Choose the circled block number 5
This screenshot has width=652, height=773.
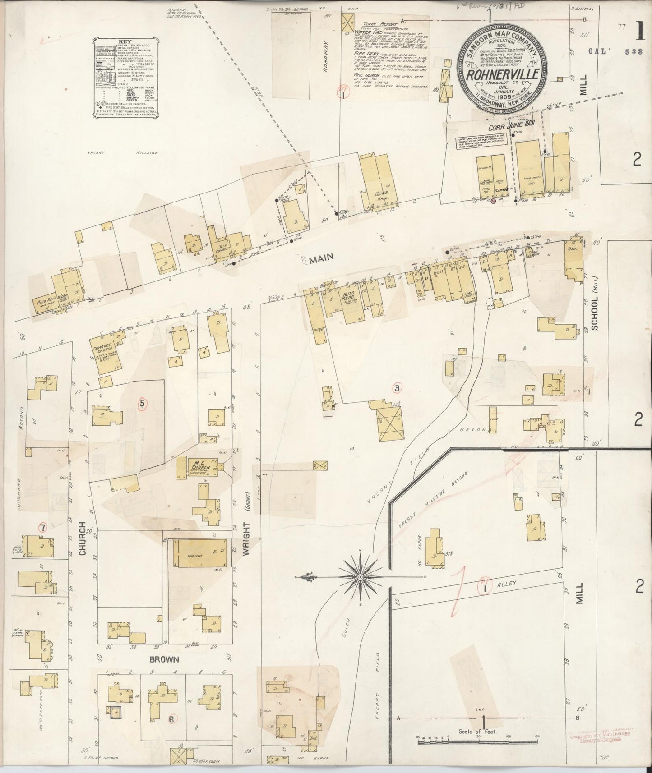(142, 404)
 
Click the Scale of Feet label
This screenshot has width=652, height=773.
(477, 732)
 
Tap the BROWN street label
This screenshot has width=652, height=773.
(164, 659)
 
